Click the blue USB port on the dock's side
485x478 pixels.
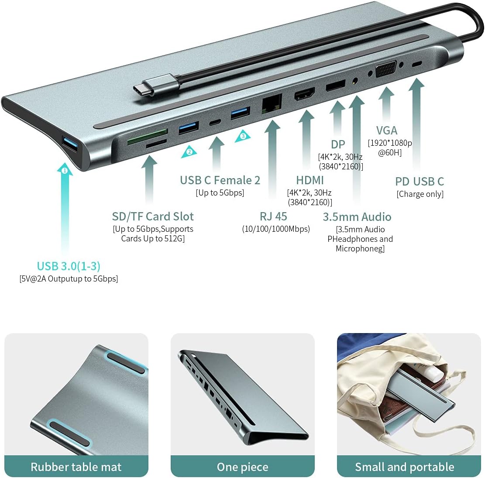71,144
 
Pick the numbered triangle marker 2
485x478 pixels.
189,151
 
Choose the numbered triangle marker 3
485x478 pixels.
243,136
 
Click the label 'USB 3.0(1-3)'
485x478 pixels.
69,266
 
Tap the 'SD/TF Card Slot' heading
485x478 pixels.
153,217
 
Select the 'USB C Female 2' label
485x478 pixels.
220,180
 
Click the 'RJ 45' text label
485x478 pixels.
273,217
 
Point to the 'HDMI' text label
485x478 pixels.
310,180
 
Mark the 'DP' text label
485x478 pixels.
338,144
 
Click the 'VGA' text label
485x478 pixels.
387,131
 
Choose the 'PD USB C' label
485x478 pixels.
420,182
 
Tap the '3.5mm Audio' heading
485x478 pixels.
357,217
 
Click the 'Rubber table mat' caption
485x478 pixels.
76,467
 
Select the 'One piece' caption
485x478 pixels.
242,467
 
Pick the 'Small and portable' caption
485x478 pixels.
405,467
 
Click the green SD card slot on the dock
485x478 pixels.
147,131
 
